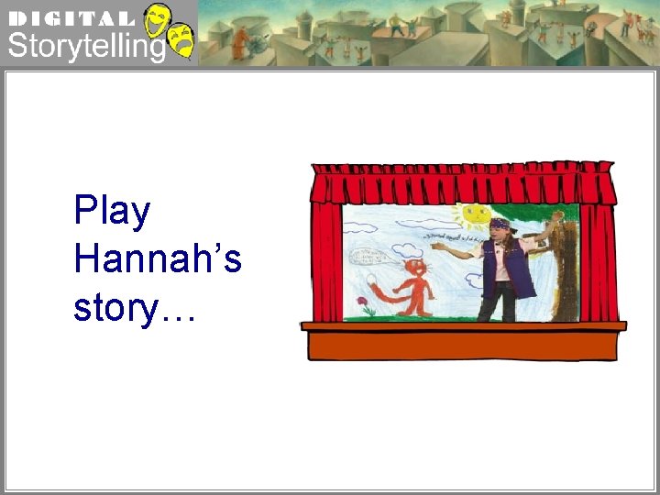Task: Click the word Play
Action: [x=112, y=212]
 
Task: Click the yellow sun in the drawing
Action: [x=474, y=215]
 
